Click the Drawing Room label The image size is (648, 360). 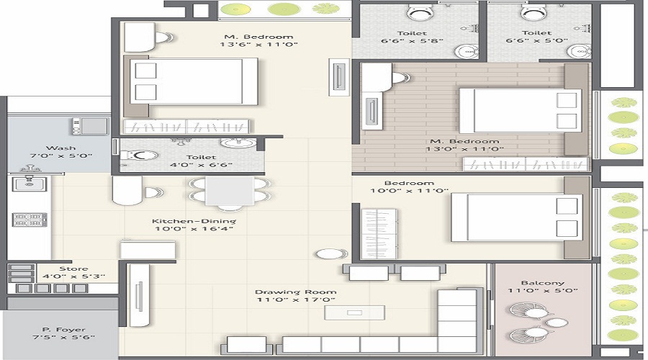[x=295, y=292]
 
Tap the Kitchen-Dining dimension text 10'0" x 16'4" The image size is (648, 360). [x=194, y=228]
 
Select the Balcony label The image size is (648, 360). [x=543, y=283]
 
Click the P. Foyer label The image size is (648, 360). [x=63, y=330]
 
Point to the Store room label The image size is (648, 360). [x=73, y=269]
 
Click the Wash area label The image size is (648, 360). [x=60, y=148]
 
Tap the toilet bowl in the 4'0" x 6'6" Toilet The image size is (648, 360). [x=138, y=156]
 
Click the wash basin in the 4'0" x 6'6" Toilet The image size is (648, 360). [x=238, y=143]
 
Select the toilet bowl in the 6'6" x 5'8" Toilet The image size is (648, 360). [x=420, y=12]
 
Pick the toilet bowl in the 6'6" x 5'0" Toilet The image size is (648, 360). [x=534, y=12]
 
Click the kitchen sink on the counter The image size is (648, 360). [x=29, y=183]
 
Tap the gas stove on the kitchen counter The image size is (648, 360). [x=30, y=220]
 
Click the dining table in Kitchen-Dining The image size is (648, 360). [x=230, y=191]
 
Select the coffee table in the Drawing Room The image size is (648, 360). [x=354, y=312]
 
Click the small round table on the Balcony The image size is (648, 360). [x=557, y=323]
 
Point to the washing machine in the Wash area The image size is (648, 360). [x=91, y=126]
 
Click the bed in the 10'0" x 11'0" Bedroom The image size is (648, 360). [x=516, y=217]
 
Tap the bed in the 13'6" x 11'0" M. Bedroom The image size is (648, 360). [x=194, y=81]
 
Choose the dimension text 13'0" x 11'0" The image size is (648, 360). [x=465, y=149]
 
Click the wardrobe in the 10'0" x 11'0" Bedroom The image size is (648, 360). [x=379, y=233]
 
